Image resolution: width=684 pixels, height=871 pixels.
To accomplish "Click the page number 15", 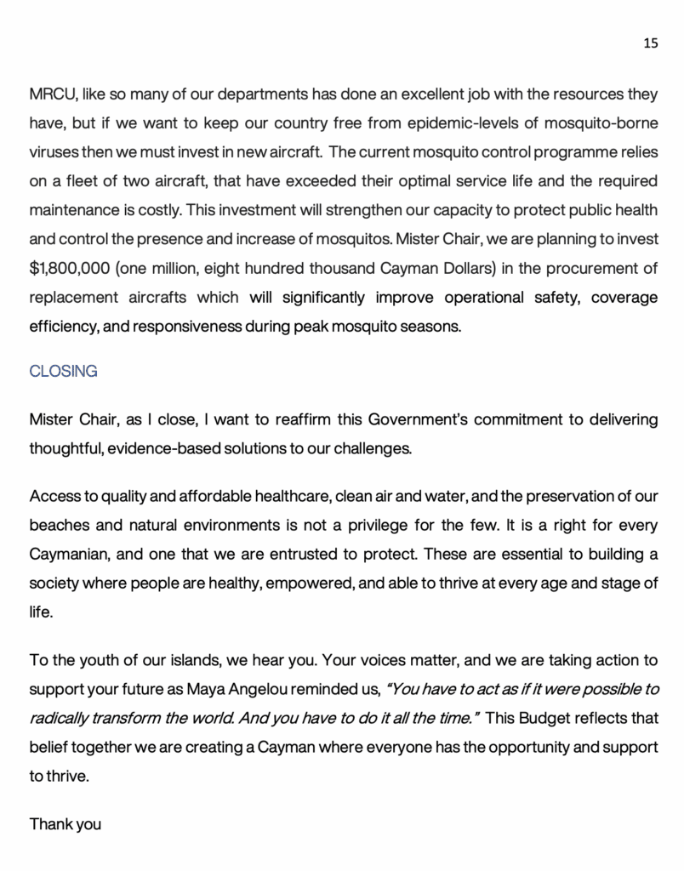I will coord(650,44).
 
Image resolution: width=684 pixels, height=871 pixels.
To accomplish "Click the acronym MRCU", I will coord(53,94).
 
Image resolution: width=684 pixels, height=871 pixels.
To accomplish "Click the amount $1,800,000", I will coord(67,268).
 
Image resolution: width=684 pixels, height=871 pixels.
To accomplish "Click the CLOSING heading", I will coord(63,372).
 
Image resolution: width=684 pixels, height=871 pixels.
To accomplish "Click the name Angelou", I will coord(339,689).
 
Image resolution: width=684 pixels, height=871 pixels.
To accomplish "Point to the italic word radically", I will coord(58,718).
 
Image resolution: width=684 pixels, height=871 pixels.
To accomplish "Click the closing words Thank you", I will coord(66,823).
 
